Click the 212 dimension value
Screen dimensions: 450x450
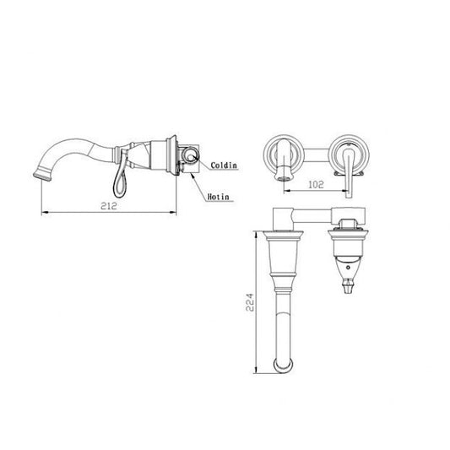click(x=109, y=205)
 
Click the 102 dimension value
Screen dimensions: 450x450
click(x=316, y=184)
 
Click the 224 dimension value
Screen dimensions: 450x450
click(x=250, y=302)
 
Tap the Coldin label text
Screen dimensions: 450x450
click(x=224, y=165)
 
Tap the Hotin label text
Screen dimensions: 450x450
click(x=219, y=197)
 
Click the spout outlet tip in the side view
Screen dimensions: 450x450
click(x=42, y=176)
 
